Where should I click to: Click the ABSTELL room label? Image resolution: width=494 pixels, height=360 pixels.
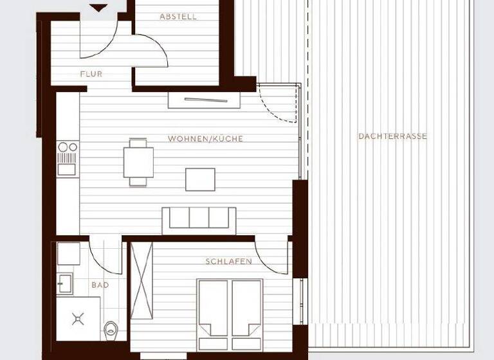pos(178,17)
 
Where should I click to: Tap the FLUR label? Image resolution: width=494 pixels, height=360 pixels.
pos(91,74)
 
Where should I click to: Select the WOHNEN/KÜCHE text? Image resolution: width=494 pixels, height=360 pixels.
pos(205,139)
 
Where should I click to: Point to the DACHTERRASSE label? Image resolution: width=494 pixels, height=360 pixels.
pos(392,136)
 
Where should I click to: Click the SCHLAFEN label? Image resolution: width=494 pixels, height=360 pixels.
pos(228,262)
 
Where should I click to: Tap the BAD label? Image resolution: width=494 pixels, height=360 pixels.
pos(100,285)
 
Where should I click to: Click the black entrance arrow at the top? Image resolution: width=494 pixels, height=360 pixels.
pos(98,8)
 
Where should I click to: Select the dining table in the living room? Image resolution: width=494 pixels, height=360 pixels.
pos(138,162)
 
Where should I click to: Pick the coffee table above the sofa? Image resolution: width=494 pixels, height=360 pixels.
pos(200,179)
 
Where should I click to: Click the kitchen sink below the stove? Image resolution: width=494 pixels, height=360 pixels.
pos(67,169)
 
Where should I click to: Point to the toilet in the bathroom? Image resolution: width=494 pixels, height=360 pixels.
pos(111,330)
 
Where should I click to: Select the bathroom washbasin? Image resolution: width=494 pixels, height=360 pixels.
pos(65,283)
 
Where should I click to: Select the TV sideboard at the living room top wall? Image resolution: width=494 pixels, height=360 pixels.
pos(204,100)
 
